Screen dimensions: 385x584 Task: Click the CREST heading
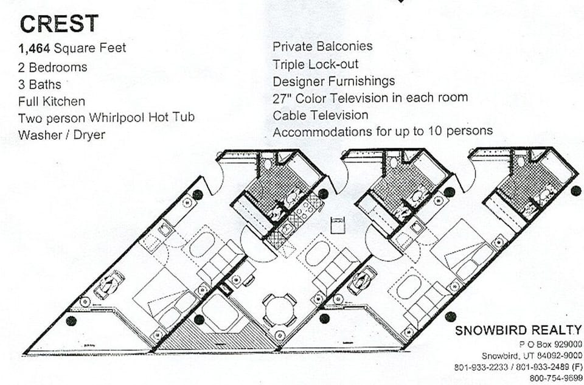click(59, 23)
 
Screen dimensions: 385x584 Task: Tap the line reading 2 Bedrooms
click(53, 67)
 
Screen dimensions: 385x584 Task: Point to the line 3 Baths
click(40, 84)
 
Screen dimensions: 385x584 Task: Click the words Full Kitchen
click(52, 101)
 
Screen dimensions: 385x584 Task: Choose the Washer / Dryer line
click(61, 135)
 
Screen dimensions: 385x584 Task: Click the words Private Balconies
click(322, 46)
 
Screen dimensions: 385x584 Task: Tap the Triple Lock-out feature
click(315, 64)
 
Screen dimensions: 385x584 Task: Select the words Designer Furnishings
click(333, 81)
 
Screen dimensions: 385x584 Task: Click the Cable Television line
click(320, 115)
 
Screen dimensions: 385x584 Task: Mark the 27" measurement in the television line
click(282, 97)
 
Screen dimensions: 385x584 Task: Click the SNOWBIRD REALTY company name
click(518, 330)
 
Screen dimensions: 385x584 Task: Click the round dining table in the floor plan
click(279, 309)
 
